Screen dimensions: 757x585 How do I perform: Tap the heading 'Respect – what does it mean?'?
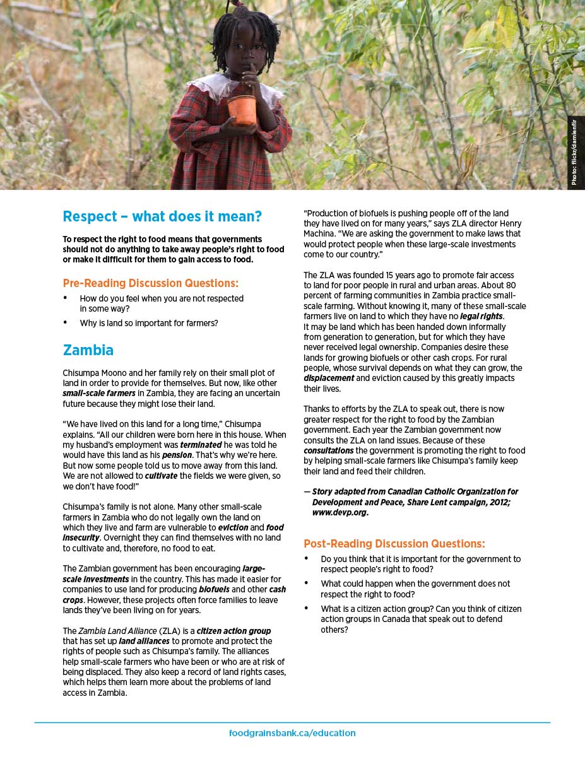pyautogui.click(x=162, y=216)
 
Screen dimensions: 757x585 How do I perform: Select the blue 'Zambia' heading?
pyautogui.click(x=88, y=350)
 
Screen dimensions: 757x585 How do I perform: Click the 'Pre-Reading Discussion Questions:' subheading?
pyautogui.click(x=151, y=283)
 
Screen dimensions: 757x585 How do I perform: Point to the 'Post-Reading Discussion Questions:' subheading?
pyautogui.click(x=394, y=543)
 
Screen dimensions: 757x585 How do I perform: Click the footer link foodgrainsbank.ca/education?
pyautogui.click(x=292, y=733)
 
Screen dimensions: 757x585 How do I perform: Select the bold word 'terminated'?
pyautogui.click(x=201, y=445)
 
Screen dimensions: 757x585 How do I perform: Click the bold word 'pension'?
pyautogui.click(x=177, y=455)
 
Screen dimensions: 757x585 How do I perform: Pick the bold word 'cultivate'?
pyautogui.click(x=161, y=476)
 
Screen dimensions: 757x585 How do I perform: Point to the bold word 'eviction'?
pyautogui.click(x=233, y=527)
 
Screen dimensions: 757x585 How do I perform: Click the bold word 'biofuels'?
pyautogui.click(x=214, y=589)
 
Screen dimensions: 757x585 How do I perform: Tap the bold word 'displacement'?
pyautogui.click(x=329, y=378)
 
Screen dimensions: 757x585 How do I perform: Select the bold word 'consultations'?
pyautogui.click(x=328, y=450)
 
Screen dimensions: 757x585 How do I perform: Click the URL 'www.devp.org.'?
pyautogui.click(x=340, y=512)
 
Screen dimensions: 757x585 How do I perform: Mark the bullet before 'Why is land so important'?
pyautogui.click(x=66, y=322)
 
